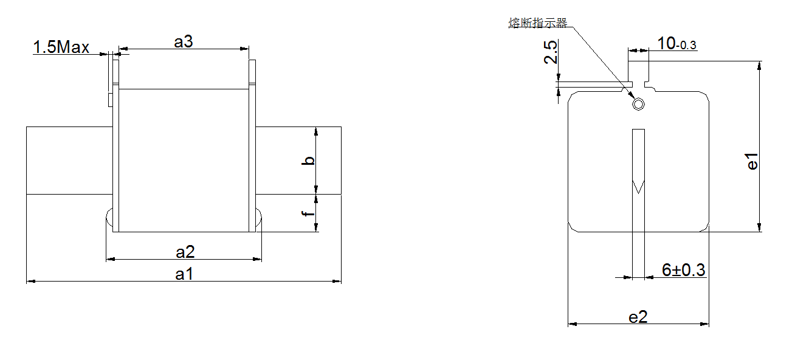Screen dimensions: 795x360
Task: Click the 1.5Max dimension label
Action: point(61,47)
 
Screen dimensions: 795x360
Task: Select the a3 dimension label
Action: point(184,41)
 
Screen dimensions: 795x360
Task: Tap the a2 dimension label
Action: point(185,252)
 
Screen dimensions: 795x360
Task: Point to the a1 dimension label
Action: point(184,274)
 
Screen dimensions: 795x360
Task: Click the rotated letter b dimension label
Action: point(308,161)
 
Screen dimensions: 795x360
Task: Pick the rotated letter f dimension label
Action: point(308,213)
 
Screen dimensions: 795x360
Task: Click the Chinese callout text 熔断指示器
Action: point(538,23)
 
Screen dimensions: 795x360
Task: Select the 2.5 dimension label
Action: point(551,52)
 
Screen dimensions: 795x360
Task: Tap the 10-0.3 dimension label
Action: point(677,44)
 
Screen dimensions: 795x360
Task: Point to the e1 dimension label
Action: point(752,161)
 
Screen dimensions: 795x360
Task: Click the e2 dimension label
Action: point(638,317)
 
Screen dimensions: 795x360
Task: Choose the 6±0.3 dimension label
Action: point(684,270)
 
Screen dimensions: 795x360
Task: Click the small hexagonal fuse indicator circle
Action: point(638,105)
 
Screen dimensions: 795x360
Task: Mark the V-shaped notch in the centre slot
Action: point(638,187)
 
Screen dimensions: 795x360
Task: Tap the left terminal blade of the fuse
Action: point(69,161)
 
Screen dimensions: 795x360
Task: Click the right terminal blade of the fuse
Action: point(298,161)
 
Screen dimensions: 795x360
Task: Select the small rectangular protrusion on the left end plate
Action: point(111,100)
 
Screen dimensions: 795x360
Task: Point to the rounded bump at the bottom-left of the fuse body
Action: point(109,218)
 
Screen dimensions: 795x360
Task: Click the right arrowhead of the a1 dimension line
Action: point(337,281)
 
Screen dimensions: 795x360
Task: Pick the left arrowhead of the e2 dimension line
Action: point(573,324)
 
